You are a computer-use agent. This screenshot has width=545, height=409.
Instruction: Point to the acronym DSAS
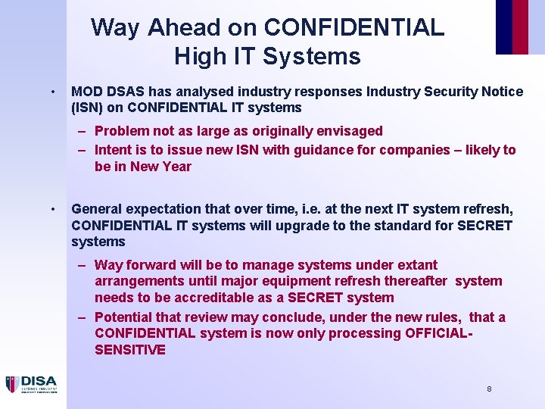pos(125,92)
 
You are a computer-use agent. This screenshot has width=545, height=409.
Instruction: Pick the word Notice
pos(500,92)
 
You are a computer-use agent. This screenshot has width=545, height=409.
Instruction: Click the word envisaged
pos(347,131)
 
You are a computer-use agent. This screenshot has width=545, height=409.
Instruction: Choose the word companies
pos(416,150)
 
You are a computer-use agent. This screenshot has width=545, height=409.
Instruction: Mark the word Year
pos(177,167)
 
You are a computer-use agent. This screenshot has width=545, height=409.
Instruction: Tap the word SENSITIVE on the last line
pos(130,350)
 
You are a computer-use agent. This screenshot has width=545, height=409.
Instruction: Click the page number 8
pos(489,389)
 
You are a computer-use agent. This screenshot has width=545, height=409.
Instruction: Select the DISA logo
pos(32,384)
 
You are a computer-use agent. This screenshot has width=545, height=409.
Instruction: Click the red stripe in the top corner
pos(520,27)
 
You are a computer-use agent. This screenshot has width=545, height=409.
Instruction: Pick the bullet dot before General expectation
pos(51,209)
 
